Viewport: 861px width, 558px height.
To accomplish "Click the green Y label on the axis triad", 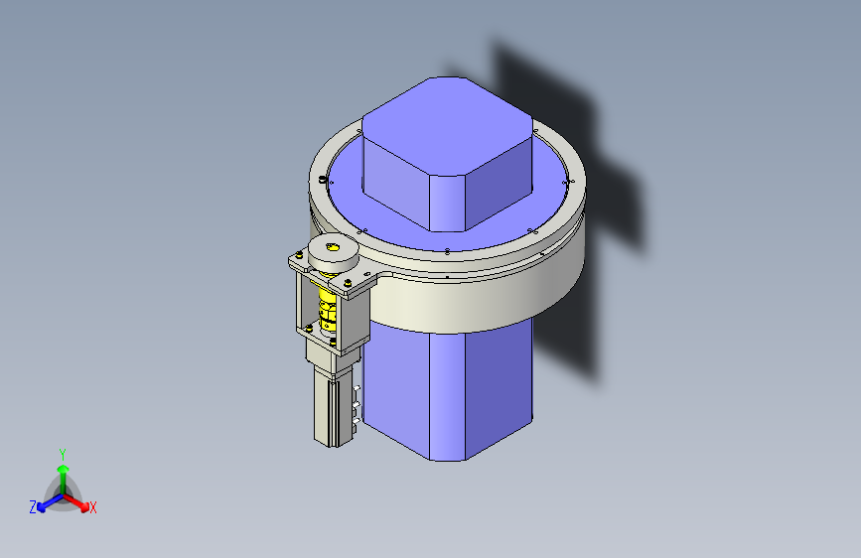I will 63,452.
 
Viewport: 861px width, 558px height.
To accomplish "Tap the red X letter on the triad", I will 93,508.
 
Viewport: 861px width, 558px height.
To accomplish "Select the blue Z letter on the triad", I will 33,506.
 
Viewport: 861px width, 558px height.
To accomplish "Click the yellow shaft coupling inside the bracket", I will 327,308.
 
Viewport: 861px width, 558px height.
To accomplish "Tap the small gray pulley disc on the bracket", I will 332,254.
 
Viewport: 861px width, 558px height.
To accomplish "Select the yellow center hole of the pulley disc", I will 333,247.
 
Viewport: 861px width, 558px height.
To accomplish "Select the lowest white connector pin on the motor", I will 356,422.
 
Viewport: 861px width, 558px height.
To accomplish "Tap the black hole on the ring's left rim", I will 325,180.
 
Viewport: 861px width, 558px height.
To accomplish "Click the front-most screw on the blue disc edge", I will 448,250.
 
